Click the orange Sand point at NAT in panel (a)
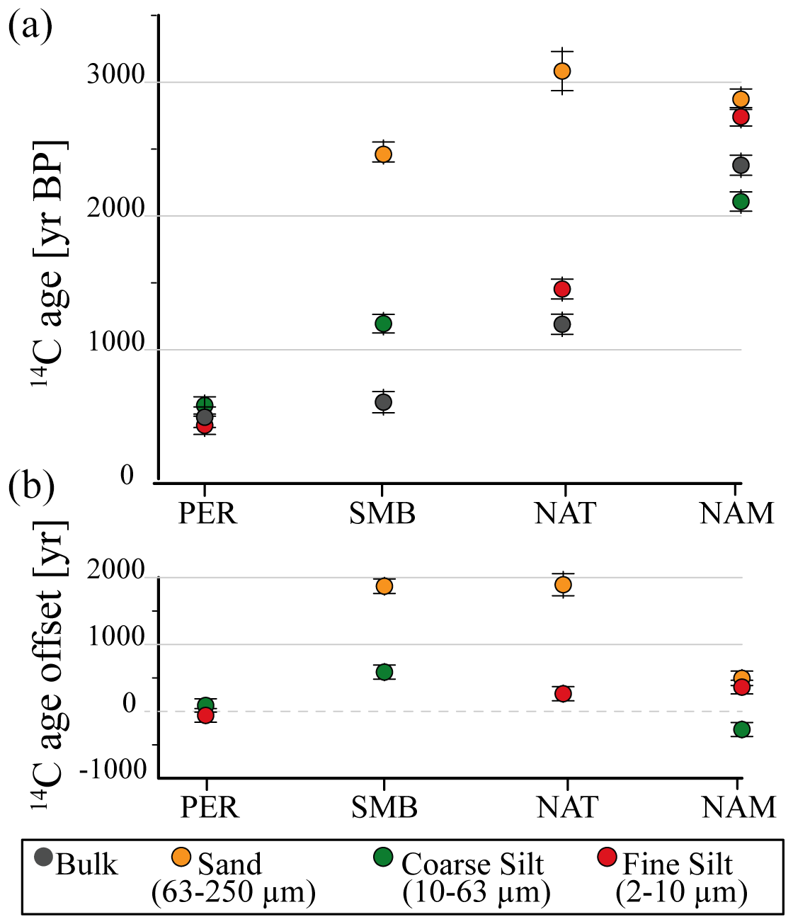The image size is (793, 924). click(x=562, y=71)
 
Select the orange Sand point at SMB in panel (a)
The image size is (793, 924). click(x=383, y=154)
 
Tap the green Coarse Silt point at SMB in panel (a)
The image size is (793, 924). click(x=383, y=324)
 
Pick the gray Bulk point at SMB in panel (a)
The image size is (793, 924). click(x=383, y=402)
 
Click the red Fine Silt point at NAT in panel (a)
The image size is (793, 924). click(x=562, y=289)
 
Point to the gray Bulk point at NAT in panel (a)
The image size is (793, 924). click(x=562, y=324)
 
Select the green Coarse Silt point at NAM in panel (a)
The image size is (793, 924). click(x=741, y=201)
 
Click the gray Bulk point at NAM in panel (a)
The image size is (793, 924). click(x=741, y=165)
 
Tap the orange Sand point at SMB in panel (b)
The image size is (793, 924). click(x=384, y=586)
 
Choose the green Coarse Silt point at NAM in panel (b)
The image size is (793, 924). click(x=741, y=729)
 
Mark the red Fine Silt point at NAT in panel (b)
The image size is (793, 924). click(x=563, y=693)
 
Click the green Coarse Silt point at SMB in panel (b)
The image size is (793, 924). click(x=384, y=672)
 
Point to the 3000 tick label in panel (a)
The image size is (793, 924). click(x=115, y=76)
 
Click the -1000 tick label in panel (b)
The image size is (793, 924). click(x=113, y=770)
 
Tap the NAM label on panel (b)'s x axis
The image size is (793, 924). click(x=738, y=807)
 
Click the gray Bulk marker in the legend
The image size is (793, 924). click(x=44, y=857)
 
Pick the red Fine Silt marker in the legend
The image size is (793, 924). click(x=607, y=857)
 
